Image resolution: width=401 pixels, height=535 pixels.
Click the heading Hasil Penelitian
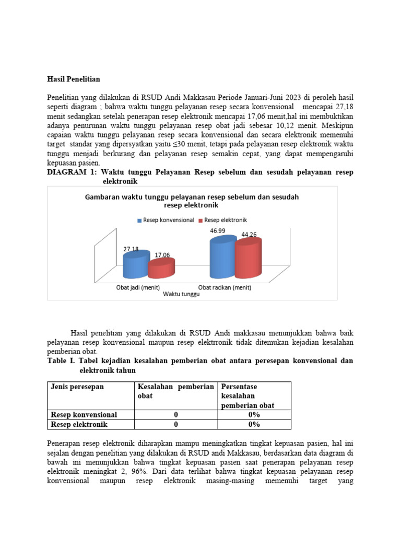click(73, 79)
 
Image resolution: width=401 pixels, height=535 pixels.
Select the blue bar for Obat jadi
click(135, 266)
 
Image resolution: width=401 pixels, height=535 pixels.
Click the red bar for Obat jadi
click(161, 269)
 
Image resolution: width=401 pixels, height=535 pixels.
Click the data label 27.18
click(131, 249)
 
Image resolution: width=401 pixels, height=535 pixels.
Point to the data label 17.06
click(162, 255)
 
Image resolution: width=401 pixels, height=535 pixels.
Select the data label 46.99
click(218, 230)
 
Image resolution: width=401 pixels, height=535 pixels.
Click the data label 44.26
click(249, 235)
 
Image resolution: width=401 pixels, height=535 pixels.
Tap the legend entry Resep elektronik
click(226, 220)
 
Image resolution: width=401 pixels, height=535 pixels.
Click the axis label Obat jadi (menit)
click(138, 287)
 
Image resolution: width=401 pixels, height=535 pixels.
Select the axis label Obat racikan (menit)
click(225, 287)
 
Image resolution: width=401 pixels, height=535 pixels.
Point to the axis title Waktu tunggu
click(181, 294)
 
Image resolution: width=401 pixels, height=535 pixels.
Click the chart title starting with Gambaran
click(192, 201)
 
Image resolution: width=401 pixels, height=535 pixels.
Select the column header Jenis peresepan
click(77, 387)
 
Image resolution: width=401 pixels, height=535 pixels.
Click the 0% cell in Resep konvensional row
click(254, 414)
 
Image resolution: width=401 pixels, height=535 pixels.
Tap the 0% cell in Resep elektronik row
click(254, 424)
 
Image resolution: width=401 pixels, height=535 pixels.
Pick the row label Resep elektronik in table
click(79, 424)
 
